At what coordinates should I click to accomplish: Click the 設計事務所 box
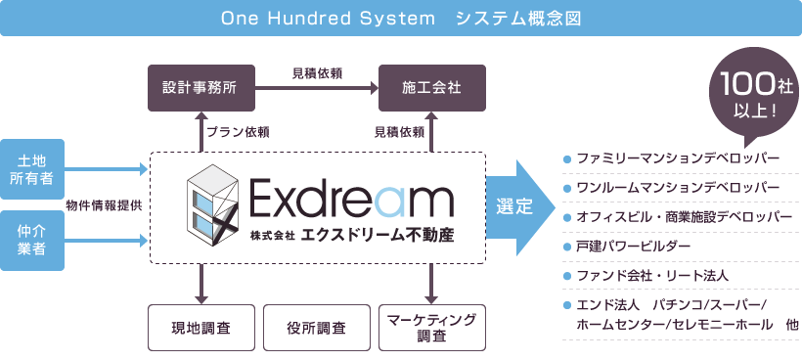click(x=201, y=88)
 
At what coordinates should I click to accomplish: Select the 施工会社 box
click(x=431, y=88)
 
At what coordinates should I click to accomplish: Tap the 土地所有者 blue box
click(x=32, y=169)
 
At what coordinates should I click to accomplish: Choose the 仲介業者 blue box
click(x=32, y=241)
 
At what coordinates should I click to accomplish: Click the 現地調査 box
click(x=201, y=328)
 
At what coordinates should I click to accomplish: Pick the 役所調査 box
click(x=317, y=328)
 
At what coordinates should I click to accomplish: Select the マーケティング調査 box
click(x=431, y=328)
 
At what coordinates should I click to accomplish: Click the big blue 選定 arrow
click(x=519, y=207)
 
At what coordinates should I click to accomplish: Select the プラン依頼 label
click(x=238, y=132)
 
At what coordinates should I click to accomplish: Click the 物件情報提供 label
click(x=105, y=204)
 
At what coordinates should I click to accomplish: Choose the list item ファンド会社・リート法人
click(x=652, y=276)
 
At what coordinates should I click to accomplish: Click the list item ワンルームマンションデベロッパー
click(x=678, y=188)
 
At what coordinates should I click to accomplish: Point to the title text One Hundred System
click(x=328, y=19)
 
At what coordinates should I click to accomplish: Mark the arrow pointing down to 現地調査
click(x=200, y=284)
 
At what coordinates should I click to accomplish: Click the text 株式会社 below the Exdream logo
click(x=273, y=237)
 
